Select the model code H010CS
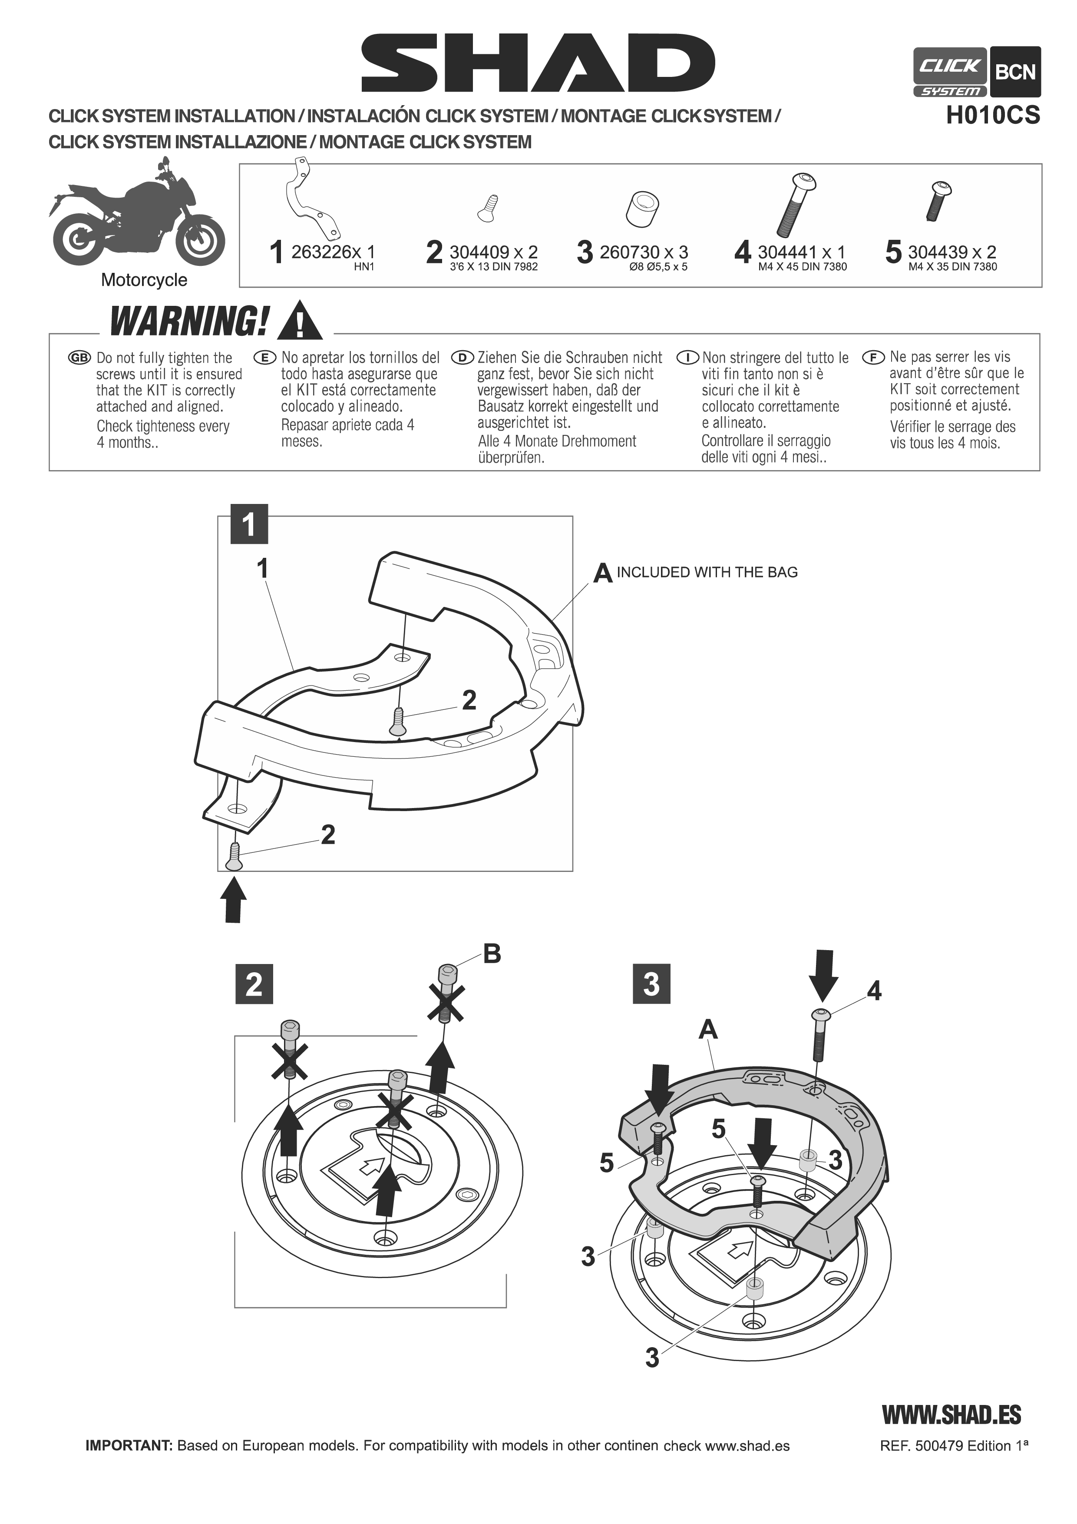pos(993,116)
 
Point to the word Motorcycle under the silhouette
pos(144,280)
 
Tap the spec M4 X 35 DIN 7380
pos(952,267)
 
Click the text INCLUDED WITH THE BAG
pos(707,572)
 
